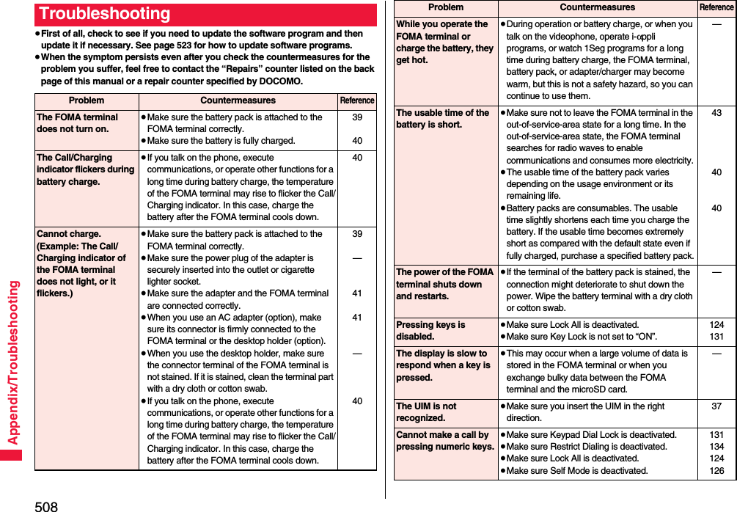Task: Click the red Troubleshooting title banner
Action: coord(205,14)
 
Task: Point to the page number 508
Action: coord(46,505)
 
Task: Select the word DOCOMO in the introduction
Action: coord(281,81)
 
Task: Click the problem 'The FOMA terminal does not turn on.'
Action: coord(77,122)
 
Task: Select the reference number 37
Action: coord(716,406)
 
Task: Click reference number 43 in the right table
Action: coord(716,113)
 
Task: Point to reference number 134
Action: coord(716,447)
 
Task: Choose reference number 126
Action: coord(716,470)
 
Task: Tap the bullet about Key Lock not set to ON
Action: coord(582,337)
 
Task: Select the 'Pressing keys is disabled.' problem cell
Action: coord(430,330)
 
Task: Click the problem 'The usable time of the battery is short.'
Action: coord(442,118)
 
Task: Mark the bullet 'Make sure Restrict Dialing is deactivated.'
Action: coord(586,447)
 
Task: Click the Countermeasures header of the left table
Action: coord(238,100)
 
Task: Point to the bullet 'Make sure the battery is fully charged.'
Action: coord(221,141)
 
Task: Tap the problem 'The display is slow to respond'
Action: coord(443,365)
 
